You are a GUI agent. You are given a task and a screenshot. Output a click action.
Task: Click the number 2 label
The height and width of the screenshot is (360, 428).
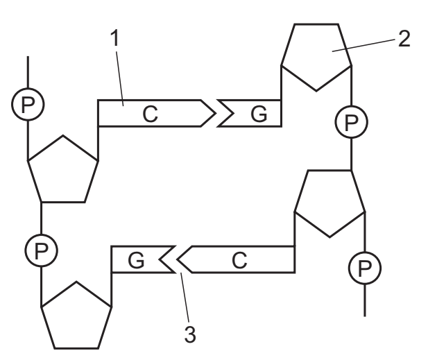[404, 39]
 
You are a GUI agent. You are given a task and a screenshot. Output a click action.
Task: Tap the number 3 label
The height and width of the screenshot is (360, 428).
[190, 334]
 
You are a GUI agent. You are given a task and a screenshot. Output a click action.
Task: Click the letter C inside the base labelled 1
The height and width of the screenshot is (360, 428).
[150, 114]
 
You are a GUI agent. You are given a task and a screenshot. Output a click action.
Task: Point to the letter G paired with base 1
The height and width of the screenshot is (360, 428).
[259, 114]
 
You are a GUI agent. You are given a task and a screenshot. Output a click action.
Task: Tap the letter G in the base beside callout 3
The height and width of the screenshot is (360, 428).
[136, 260]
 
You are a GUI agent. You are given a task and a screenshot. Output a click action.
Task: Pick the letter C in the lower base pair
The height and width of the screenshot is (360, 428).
[239, 260]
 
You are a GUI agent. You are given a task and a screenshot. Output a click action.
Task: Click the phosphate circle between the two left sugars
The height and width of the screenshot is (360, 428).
[41, 250]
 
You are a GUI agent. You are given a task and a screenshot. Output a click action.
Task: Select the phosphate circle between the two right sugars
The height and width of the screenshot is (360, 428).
[351, 122]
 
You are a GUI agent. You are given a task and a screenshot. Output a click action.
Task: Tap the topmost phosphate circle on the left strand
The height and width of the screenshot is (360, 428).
[28, 104]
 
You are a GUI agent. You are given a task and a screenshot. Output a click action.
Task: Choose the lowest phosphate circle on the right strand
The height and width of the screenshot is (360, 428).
[365, 268]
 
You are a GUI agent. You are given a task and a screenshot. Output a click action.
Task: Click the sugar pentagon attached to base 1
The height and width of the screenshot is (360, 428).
[63, 169]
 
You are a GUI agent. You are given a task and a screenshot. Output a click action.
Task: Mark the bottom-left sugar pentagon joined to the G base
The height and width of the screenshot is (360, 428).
[76, 316]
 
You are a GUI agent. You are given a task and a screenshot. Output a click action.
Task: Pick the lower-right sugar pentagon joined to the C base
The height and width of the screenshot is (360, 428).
[329, 204]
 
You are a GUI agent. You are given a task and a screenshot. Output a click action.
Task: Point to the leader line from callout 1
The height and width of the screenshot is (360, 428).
[120, 78]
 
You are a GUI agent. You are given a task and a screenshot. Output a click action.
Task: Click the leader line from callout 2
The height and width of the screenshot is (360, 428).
[363, 45]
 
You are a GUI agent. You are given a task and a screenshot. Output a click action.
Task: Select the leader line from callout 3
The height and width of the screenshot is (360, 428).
[185, 298]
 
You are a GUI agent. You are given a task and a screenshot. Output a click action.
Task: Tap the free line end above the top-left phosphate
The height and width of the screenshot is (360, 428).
[28, 56]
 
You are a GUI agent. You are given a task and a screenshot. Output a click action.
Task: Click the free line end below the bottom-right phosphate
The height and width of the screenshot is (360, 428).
[365, 316]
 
